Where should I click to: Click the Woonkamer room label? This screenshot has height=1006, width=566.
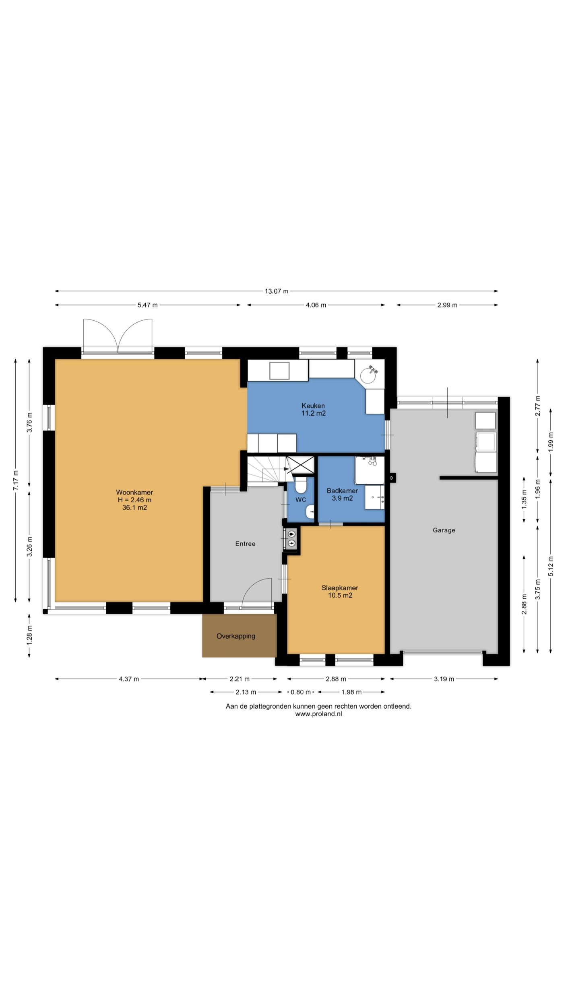[134, 492]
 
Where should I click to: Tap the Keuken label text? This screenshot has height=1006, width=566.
[313, 406]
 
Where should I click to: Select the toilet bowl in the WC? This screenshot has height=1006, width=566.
[301, 485]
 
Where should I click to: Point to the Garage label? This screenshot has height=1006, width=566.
[444, 530]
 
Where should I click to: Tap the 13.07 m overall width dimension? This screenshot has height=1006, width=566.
[277, 291]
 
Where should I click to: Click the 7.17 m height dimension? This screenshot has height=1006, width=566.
[15, 480]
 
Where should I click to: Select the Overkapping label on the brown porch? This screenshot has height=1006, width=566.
[236, 636]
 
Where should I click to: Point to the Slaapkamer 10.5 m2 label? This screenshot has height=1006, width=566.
[340, 592]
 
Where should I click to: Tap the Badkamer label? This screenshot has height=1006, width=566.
[342, 491]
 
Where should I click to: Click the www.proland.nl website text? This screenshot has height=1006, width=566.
[318, 714]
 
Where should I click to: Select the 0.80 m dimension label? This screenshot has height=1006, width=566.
[301, 692]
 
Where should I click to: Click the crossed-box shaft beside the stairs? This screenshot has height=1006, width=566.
[300, 465]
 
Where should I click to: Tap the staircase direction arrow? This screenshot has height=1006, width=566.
[286, 469]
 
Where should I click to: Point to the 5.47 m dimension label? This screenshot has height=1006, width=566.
[148, 305]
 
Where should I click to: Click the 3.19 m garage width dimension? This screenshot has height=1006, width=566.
[444, 679]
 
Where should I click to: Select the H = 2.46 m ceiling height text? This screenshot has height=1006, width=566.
[134, 500]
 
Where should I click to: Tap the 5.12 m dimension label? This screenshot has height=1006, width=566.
[551, 566]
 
